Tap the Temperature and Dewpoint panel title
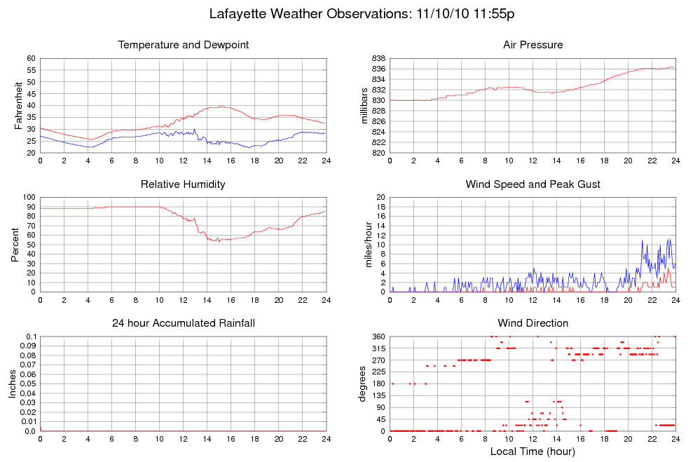click(x=183, y=45)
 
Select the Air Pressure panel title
click(x=533, y=45)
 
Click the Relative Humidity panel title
click(x=183, y=184)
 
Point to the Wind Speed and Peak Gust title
click(x=533, y=184)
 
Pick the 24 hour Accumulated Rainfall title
click(x=183, y=323)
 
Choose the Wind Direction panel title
click(x=533, y=323)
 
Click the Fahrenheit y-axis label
click(x=19, y=105)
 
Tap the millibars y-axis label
click(x=364, y=105)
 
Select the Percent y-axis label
click(x=15, y=245)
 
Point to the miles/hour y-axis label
click(x=364, y=245)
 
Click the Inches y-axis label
click(x=13, y=384)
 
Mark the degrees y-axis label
click(x=362, y=384)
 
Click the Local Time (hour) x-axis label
click(x=533, y=451)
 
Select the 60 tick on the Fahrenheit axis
click(x=31, y=58)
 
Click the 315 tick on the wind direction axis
click(x=377, y=348)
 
